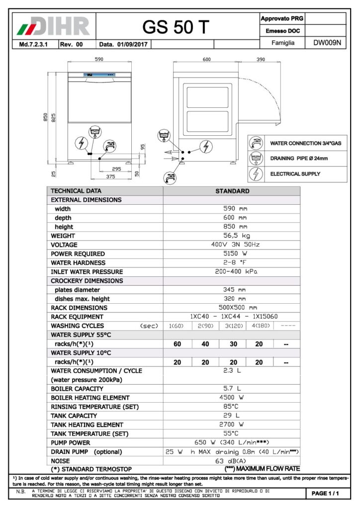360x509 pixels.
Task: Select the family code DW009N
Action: tap(327, 43)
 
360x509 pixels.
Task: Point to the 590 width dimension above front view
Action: tap(99, 59)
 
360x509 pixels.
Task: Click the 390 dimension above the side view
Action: tap(261, 59)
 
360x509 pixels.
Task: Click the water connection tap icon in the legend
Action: tap(256, 143)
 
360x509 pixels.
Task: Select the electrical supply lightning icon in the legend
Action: tap(256, 174)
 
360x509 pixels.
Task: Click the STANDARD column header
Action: tap(232, 191)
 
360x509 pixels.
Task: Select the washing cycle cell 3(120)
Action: tap(232, 326)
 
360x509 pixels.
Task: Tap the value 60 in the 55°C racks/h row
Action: tap(177, 344)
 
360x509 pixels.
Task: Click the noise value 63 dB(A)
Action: tap(232, 461)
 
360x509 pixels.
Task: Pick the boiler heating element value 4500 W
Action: tap(232, 398)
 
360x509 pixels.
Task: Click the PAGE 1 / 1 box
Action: tap(325, 493)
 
